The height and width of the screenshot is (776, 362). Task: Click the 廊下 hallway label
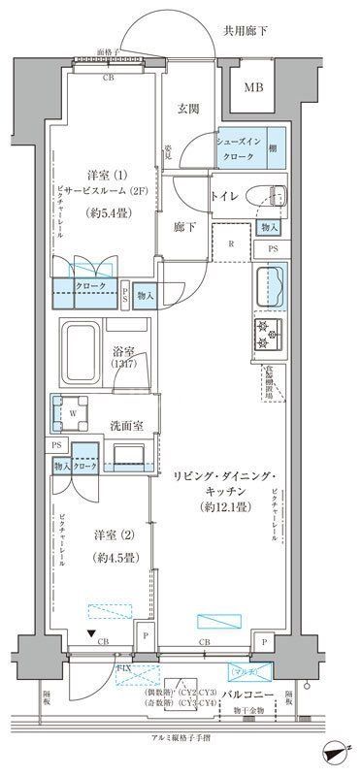click(186, 226)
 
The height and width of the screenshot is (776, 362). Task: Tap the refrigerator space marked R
click(231, 244)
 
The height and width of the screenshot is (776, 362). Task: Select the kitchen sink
click(271, 288)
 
